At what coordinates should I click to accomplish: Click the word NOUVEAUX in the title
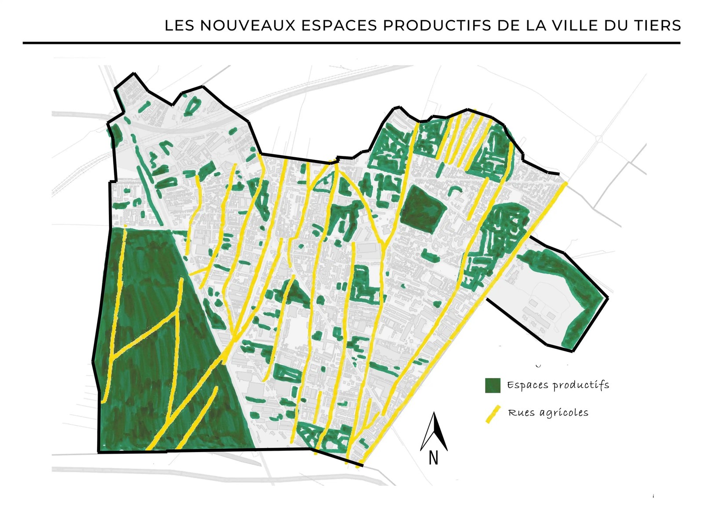point(249,25)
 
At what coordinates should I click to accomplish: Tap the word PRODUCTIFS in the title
point(437,25)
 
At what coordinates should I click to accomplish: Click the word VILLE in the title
point(573,25)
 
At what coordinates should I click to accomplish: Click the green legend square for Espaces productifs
point(493,385)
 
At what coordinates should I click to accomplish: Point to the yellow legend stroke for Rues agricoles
point(493,414)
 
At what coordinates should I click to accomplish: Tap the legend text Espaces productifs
point(558,385)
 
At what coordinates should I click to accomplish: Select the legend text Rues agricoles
point(548,413)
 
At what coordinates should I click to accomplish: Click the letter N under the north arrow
point(433,458)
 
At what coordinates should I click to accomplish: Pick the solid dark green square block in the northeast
point(422,208)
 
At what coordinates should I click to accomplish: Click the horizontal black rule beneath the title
point(351,43)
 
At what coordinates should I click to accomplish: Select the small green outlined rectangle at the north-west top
point(192,105)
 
